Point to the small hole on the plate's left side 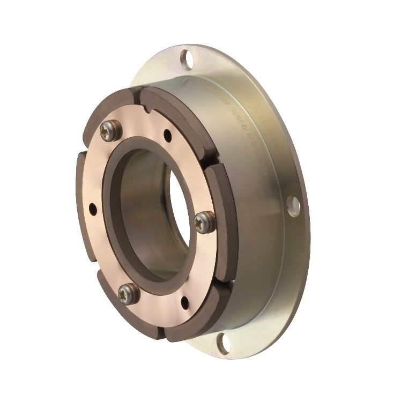93,206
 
